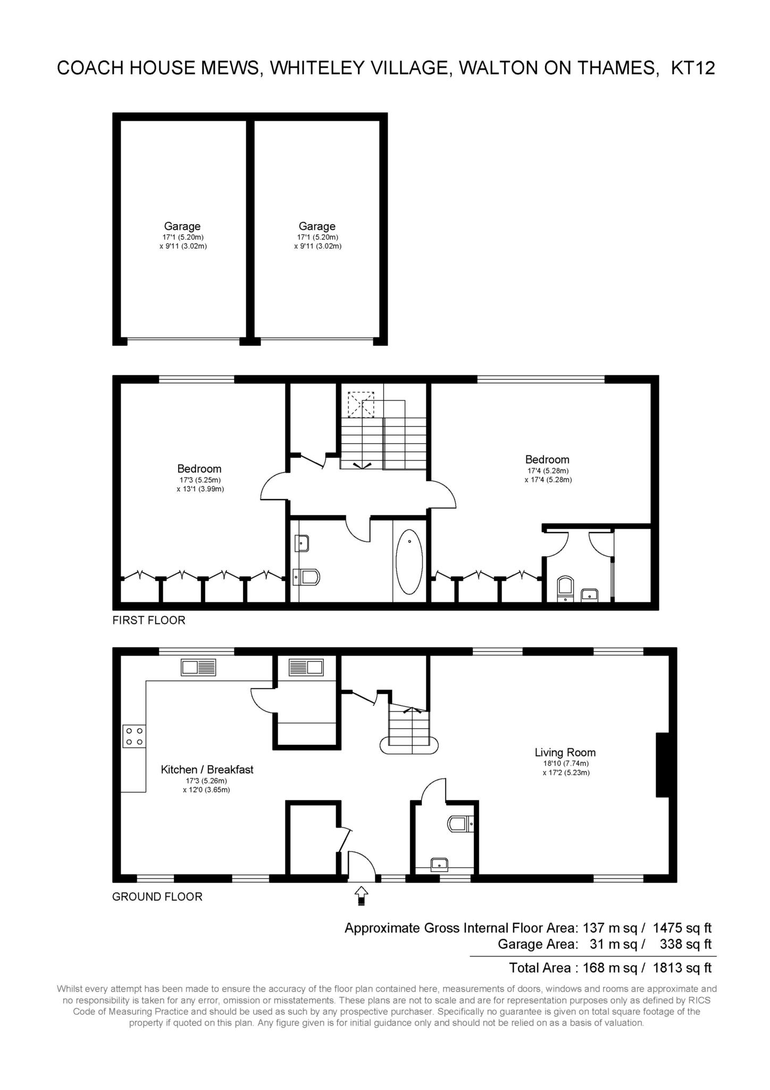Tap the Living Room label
(565, 752)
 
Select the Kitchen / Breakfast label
(207, 769)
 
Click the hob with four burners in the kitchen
(134, 737)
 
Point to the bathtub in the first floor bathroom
(409, 561)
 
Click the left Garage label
(182, 226)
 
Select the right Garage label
(317, 226)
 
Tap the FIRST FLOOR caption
(149, 620)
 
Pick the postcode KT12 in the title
(693, 68)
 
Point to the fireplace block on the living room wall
(663, 765)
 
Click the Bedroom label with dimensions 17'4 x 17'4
(547, 459)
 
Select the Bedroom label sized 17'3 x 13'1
(199, 468)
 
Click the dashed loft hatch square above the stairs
(361, 405)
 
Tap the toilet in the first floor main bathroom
(306, 576)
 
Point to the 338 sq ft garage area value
(685, 944)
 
